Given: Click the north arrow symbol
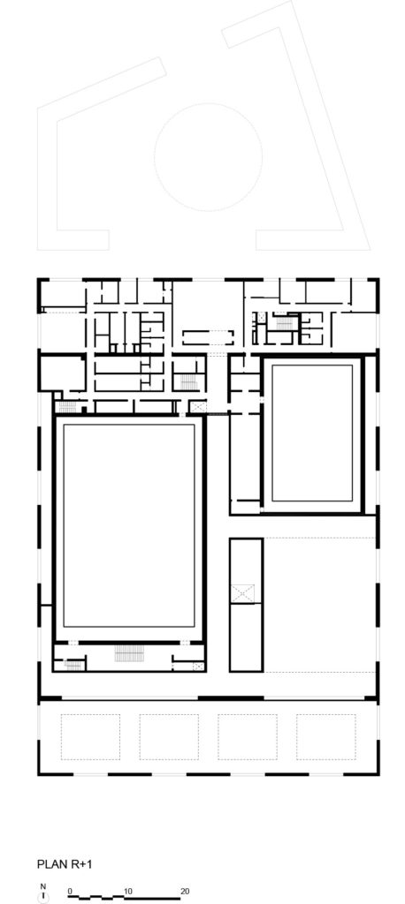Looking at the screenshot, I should [42, 896].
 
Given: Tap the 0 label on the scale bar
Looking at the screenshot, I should [69, 890].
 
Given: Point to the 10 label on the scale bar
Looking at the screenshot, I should [127, 890].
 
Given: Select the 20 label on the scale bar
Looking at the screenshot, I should [184, 890].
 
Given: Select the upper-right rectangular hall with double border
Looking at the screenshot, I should [313, 433].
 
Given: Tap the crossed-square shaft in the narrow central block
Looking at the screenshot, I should [245, 593].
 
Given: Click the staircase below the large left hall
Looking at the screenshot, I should [129, 653].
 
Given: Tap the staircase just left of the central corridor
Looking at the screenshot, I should [186, 381].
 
